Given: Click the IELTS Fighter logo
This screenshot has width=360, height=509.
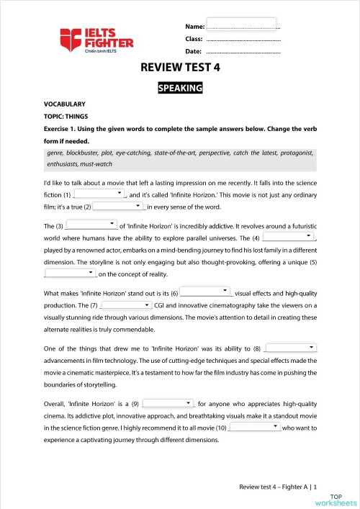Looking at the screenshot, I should pos(96,38).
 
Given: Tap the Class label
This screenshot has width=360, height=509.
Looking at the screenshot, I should pos(194,39).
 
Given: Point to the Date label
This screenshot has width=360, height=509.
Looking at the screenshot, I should pos(193,52).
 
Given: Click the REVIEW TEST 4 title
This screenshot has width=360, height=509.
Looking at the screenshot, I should pos(180,69).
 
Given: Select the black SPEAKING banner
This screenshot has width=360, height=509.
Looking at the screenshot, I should pos(180,89).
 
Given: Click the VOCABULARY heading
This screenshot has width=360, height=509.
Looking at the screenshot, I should pos(65,104).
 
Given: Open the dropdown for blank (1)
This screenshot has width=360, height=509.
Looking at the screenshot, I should pos(99,194).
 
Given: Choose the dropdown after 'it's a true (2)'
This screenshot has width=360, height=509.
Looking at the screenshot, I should pos(120,207).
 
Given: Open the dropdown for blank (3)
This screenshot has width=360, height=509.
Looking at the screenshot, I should pos(91,225).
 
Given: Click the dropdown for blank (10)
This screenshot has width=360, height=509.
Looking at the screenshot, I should pos(255,427).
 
